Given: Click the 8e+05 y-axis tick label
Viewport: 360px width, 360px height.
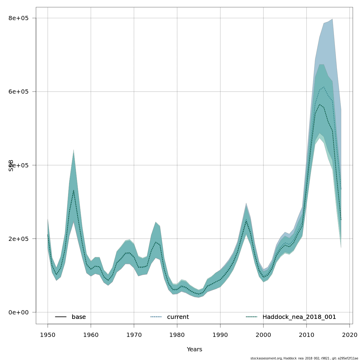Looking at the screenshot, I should click(x=18, y=18).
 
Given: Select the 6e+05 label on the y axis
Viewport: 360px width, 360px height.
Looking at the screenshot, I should click(x=18, y=91).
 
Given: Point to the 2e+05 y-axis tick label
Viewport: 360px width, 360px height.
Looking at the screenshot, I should click(x=18, y=239).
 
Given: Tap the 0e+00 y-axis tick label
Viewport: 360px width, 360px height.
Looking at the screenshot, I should click(x=18, y=312).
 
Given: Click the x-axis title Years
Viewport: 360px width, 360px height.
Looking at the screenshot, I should click(x=194, y=349).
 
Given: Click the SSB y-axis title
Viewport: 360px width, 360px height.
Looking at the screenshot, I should click(x=11, y=165).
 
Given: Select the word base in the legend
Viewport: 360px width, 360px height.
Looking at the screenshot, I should click(x=79, y=317).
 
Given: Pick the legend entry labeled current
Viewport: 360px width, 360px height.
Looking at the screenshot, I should click(x=178, y=317).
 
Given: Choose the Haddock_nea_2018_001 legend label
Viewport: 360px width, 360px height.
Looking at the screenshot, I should click(x=299, y=317).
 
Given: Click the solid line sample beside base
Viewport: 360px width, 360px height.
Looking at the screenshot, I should click(x=61, y=317).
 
